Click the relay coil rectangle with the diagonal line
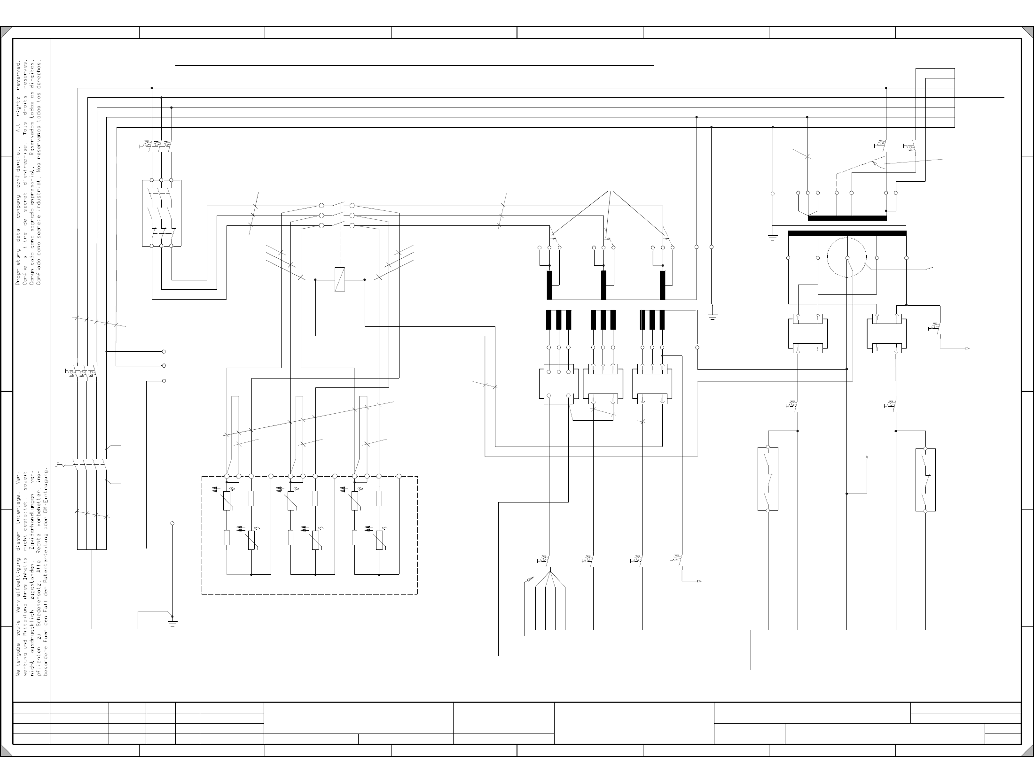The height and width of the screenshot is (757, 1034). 339,279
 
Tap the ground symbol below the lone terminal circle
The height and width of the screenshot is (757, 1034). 172,624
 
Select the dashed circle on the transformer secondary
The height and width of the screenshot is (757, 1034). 847,257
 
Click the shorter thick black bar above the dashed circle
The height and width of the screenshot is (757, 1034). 847,218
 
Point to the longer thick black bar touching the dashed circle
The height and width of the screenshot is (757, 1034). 847,233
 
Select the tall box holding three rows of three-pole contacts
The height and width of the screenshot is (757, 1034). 161,213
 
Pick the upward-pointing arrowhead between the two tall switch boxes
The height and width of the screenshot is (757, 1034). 866,457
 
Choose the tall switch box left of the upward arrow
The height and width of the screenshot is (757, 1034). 768,479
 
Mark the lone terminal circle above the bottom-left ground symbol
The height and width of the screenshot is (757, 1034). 172,523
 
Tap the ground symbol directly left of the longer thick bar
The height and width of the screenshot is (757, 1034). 772,237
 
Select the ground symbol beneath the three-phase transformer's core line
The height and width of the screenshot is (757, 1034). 713,317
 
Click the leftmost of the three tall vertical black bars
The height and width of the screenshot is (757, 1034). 549,285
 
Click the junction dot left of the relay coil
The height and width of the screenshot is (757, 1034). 315,279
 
